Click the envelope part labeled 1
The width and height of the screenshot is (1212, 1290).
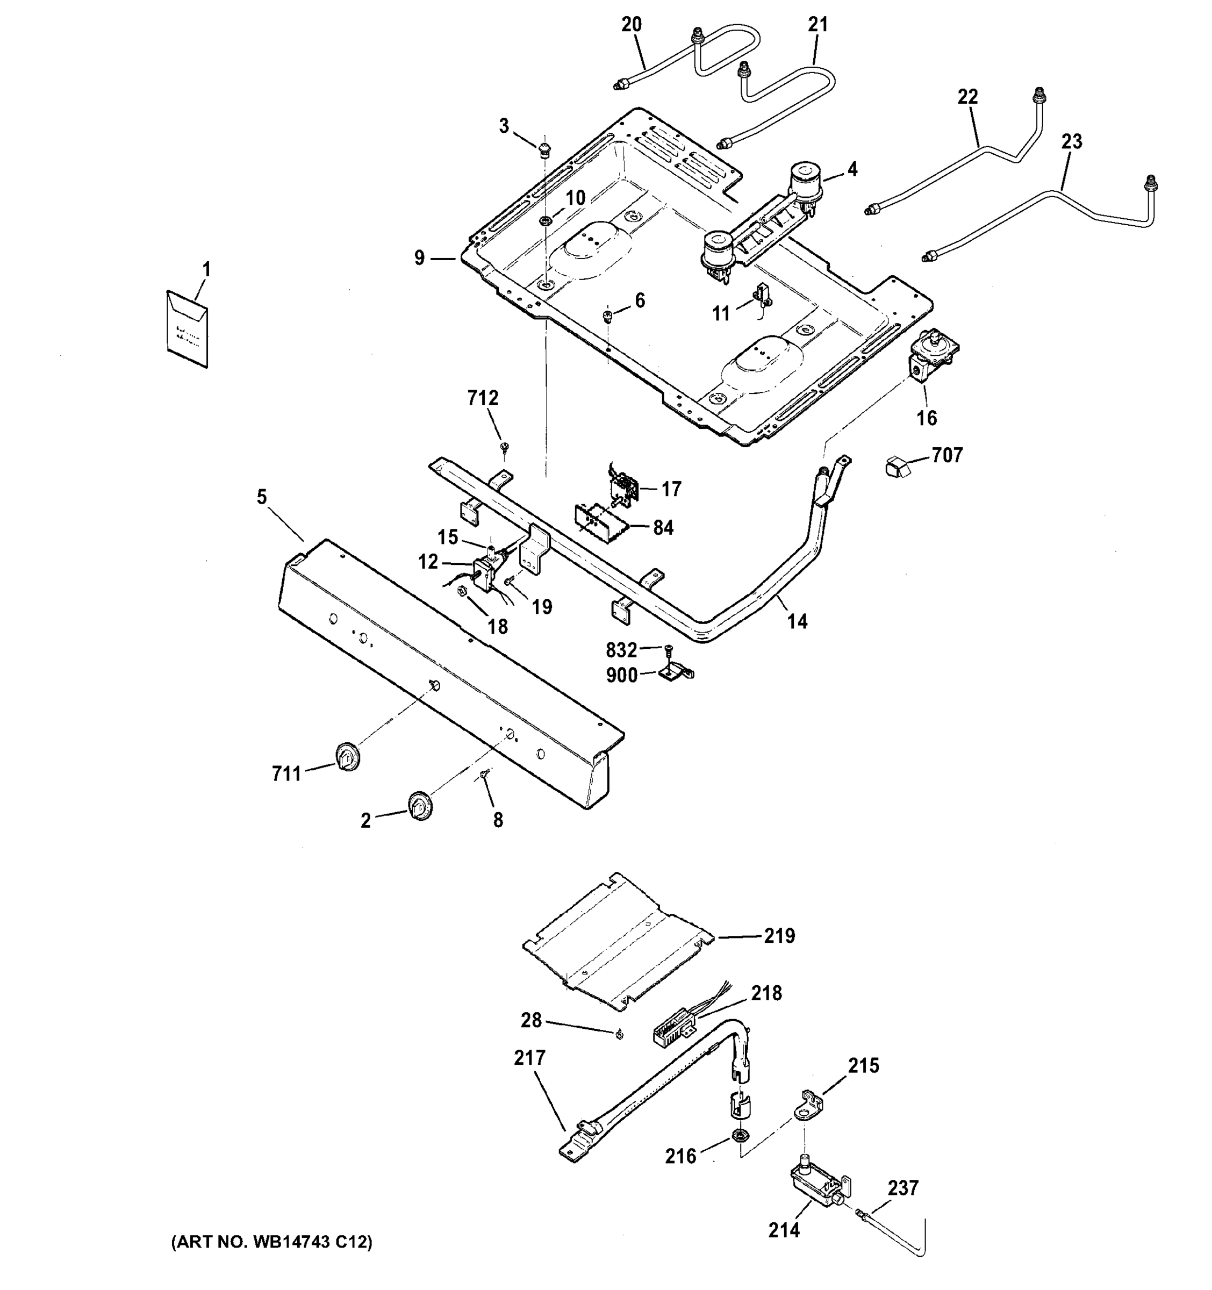pos(188,328)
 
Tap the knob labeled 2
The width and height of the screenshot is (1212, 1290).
pos(420,807)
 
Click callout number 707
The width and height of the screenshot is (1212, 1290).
pos(946,455)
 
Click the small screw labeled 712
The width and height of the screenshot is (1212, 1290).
pos(505,447)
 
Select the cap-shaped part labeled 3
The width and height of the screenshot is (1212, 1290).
pos(545,149)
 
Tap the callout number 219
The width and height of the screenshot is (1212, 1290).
pos(779,936)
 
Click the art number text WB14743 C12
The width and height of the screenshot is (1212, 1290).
pos(272,1242)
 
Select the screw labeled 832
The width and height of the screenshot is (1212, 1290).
pos(668,648)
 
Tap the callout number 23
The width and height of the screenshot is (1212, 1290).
pos(1071,141)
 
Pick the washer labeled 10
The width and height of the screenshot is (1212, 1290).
pos(546,222)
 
